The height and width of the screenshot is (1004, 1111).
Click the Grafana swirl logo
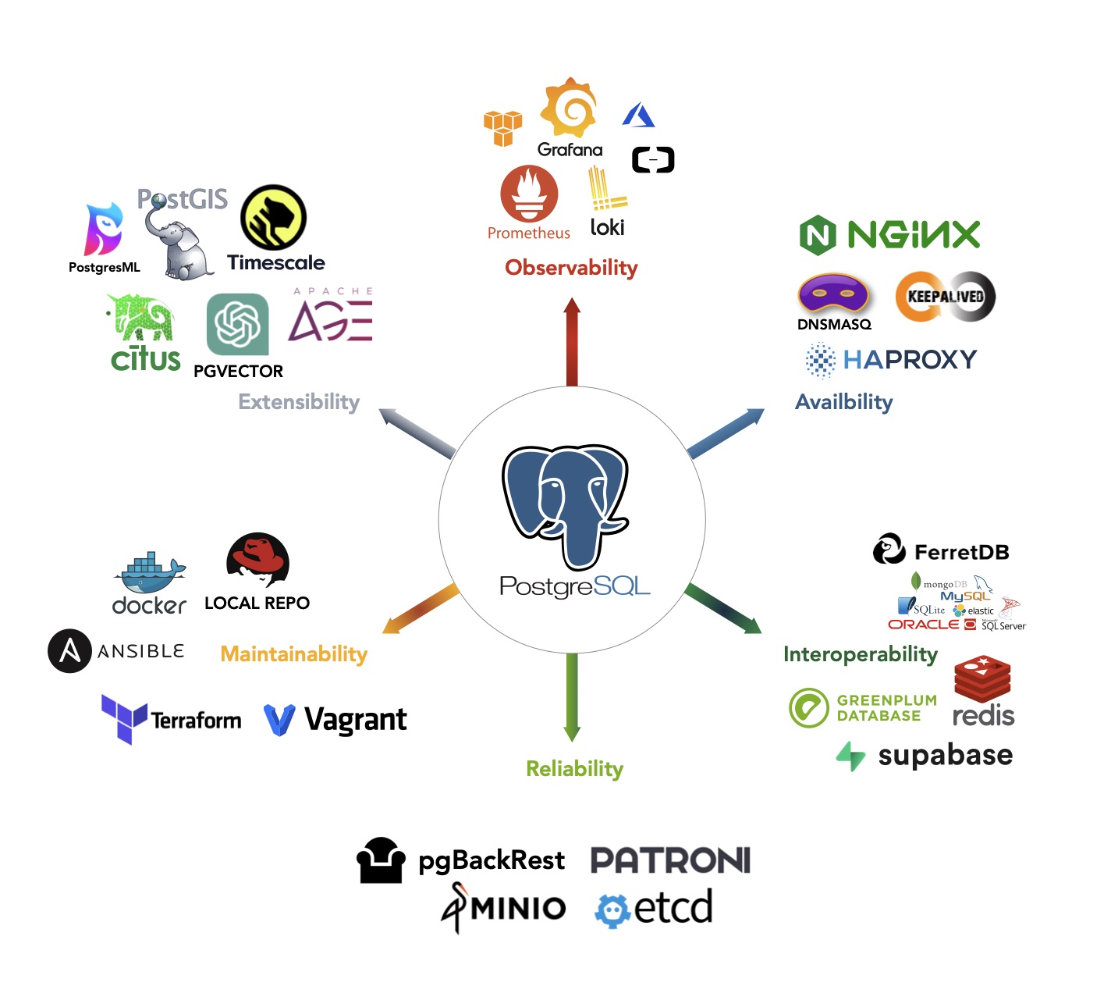coord(570,108)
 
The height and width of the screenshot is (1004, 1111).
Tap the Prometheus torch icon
coord(529,194)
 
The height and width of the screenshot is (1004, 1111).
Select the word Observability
coord(571,268)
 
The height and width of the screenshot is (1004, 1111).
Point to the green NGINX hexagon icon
coord(818,235)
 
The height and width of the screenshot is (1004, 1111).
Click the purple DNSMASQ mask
coord(833,295)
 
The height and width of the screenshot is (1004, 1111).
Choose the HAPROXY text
coord(910,359)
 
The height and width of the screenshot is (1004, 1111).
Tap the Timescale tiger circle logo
coord(273,218)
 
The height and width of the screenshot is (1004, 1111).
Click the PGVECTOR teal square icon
coord(238,324)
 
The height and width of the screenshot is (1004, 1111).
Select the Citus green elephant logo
coord(142,318)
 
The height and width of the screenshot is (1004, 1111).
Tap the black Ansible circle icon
coord(69,651)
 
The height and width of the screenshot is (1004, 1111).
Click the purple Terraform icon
coord(123,718)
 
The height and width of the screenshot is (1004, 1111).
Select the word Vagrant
coord(355,720)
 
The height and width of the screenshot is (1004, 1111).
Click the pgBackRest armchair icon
coord(381,860)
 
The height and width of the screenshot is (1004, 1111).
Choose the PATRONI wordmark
coord(670,860)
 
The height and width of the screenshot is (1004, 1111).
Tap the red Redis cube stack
coord(982,678)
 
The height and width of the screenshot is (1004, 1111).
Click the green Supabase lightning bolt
coord(850,756)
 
